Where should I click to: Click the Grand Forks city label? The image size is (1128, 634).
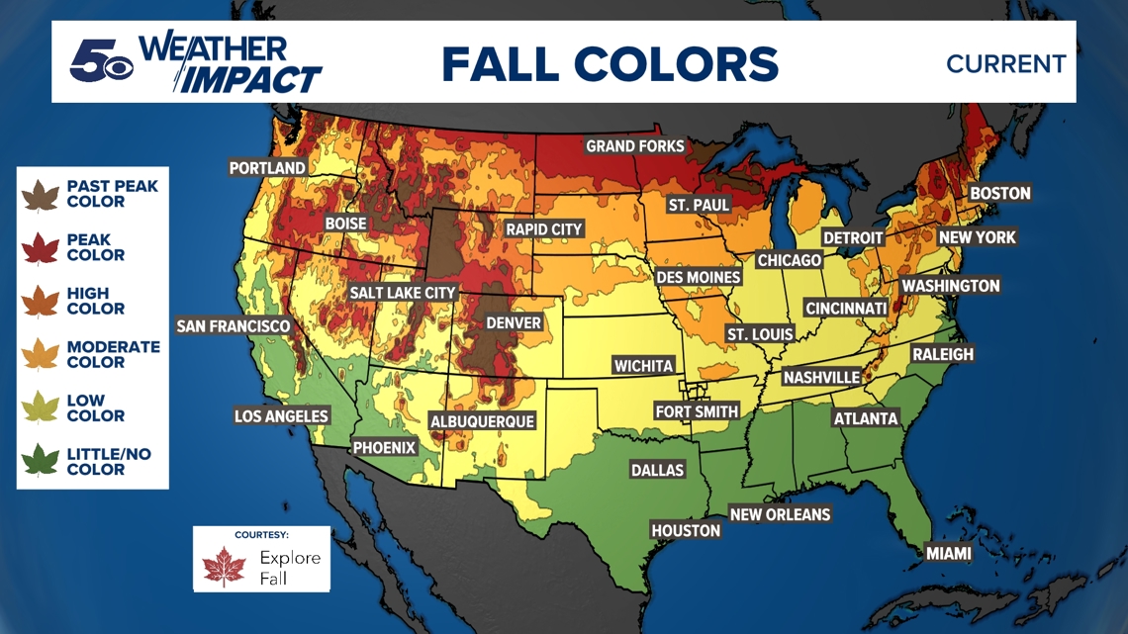(634, 146)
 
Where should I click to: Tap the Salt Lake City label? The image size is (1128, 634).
(402, 293)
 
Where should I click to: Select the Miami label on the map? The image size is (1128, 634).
(947, 553)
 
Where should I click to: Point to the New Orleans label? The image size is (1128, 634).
(780, 514)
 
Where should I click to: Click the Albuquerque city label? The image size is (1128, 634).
(482, 421)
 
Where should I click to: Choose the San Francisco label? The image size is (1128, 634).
(233, 325)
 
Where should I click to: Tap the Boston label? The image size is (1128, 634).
(999, 193)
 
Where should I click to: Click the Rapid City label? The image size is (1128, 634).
(543, 228)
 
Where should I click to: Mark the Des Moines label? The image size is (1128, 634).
(699, 277)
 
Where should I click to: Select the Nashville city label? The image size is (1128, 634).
(820, 377)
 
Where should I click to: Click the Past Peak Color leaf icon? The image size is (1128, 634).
(41, 195)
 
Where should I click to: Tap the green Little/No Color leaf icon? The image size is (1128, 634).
(41, 462)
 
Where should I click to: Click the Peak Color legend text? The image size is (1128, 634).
(95, 247)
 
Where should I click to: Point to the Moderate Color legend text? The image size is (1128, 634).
(113, 354)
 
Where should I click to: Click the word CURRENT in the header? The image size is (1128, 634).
(1005, 64)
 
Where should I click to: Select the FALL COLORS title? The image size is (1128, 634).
(610, 64)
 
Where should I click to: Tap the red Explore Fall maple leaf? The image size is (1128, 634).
(224, 567)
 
